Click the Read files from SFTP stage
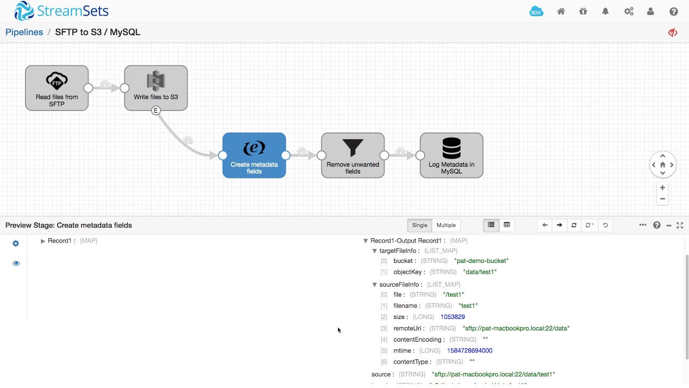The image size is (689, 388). click(57, 88)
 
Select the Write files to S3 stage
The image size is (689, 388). click(156, 88)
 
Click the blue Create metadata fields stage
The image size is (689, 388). click(254, 155)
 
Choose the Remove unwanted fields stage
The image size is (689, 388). click(353, 155)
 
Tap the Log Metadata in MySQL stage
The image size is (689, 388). click(451, 155)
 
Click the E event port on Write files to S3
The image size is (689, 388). click(156, 110)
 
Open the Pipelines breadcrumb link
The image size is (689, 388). click(24, 32)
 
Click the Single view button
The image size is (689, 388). click(419, 225)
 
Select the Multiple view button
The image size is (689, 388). click(446, 225)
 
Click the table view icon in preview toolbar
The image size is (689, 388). click(507, 225)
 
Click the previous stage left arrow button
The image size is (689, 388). click(545, 225)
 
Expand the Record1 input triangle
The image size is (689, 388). click(43, 241)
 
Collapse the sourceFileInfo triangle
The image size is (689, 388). click(375, 285)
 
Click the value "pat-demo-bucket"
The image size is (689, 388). click(481, 261)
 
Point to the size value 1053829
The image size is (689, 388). click(452, 317)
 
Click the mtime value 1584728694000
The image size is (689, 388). click(469, 351)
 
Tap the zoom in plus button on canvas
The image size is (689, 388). click(663, 188)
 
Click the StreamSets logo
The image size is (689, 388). click(61, 11)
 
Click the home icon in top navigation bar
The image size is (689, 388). click(561, 11)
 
